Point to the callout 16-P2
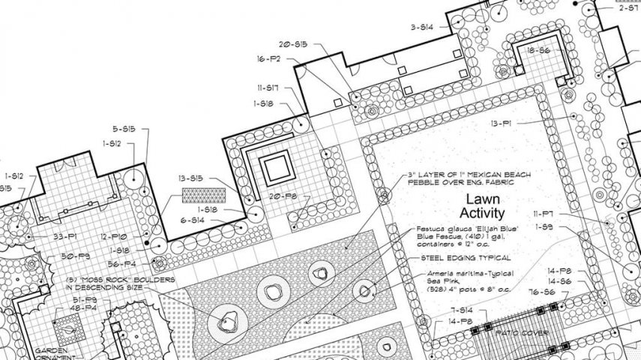pos(268,58)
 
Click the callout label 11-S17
pos(268,88)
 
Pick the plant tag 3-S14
pos(422,27)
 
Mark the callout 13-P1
pos(502,122)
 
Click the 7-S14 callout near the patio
pos(461,310)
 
